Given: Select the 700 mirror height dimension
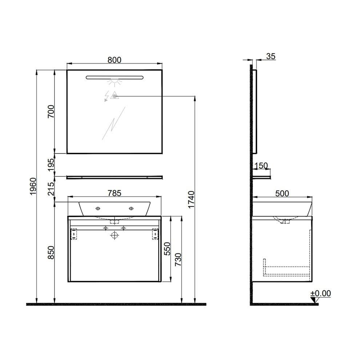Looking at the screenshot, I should tap(51, 111).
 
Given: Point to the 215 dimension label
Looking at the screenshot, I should tap(51, 188).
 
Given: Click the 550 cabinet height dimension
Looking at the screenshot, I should tap(167, 249).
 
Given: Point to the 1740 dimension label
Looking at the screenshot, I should tap(192, 199).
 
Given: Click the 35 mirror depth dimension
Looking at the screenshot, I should tap(271, 56).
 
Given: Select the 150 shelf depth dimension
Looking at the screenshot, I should tap(261, 166).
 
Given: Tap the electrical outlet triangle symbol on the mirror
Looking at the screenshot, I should tap(114, 96).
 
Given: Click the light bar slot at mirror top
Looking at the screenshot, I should tap(114, 77).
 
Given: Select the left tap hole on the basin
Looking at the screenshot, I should tap(97, 208).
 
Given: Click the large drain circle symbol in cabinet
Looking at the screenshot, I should tap(115, 236).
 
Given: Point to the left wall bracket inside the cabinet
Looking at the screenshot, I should tap(74, 234).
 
